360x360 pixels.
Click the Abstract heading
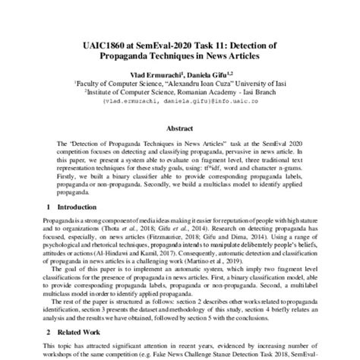click(180, 128)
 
